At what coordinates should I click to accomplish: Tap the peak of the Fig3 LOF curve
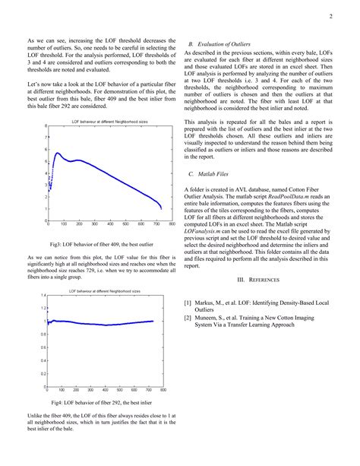58,154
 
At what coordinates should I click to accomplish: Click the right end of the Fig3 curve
162,208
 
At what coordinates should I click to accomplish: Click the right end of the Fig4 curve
153,322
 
